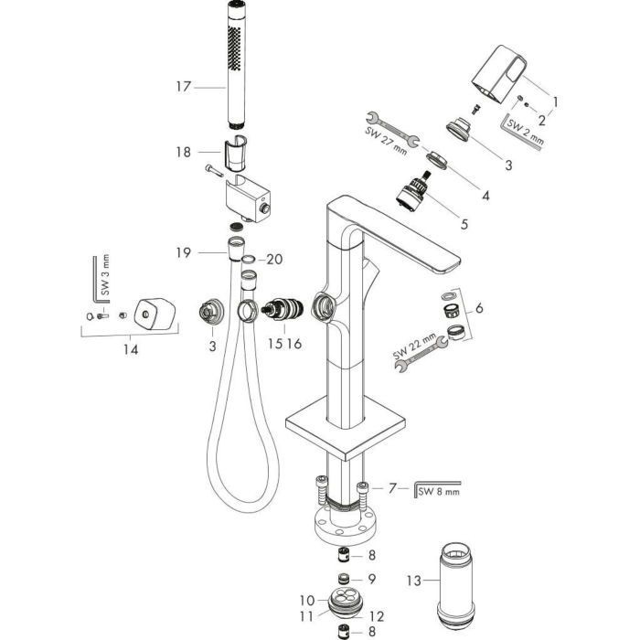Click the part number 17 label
coord(184,87)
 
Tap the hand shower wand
coord(237,65)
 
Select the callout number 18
coord(184,153)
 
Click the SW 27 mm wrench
coord(392,130)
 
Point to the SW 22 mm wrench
coord(421,353)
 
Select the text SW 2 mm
coord(526,130)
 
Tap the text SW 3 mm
coord(105,274)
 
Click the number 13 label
coord(414,580)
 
